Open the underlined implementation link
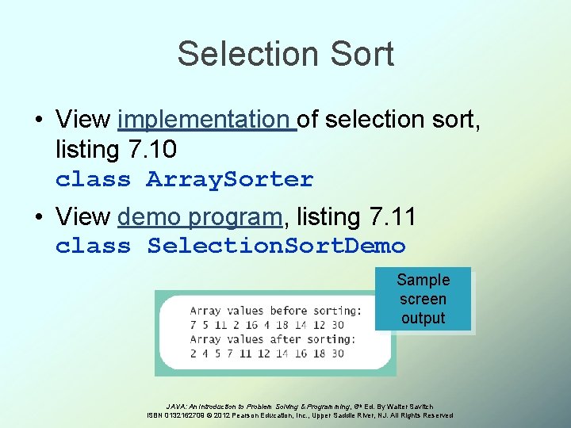tap(205, 120)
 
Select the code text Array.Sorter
tap(230, 180)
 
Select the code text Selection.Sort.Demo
tap(276, 246)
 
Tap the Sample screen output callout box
tap(423, 299)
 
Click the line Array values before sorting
tap(275, 310)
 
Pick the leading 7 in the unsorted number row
tap(194, 325)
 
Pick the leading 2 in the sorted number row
tap(194, 353)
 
